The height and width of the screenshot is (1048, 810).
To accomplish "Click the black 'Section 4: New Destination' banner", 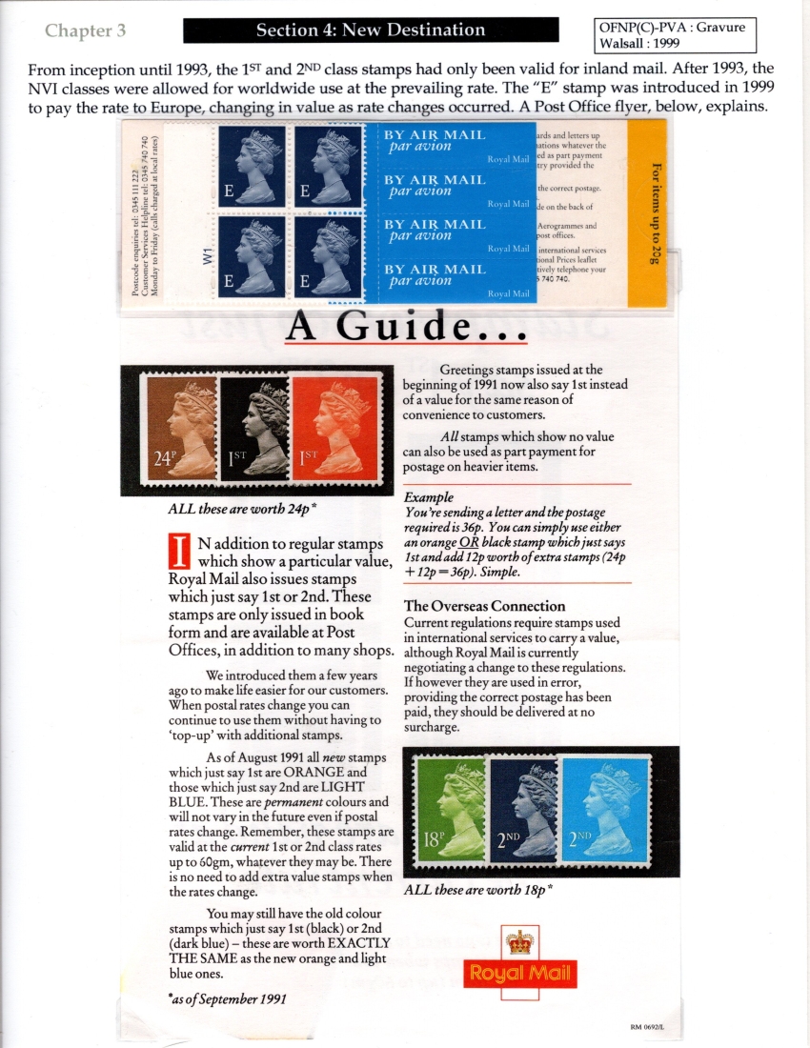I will [x=371, y=30].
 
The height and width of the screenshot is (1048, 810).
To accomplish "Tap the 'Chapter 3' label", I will [x=85, y=30].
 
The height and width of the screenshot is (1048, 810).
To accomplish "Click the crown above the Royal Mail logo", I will [x=519, y=943].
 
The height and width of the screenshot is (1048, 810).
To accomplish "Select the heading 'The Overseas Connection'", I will [x=484, y=606].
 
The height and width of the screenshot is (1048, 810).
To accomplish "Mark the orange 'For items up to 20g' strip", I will [x=654, y=214].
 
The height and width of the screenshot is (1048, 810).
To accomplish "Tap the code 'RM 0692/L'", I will [x=648, y=1026].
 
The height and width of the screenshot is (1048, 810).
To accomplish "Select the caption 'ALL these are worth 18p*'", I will [x=479, y=891].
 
